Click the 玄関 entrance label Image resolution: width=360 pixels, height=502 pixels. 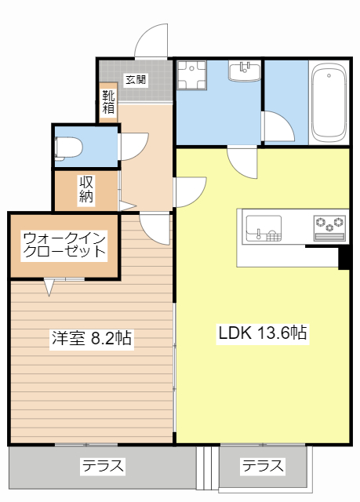tap(135, 79)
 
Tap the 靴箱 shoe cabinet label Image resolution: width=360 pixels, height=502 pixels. tap(107, 102)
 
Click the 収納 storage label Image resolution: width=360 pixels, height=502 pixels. tap(86, 189)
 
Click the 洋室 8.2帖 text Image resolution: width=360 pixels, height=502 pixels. tap(91, 339)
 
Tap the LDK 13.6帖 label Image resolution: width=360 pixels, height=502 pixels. tap(261, 333)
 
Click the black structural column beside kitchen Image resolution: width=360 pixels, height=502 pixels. tap(344, 258)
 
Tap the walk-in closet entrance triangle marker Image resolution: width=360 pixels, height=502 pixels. tap(50, 288)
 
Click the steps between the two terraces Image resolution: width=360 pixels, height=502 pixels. tap(209, 468)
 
